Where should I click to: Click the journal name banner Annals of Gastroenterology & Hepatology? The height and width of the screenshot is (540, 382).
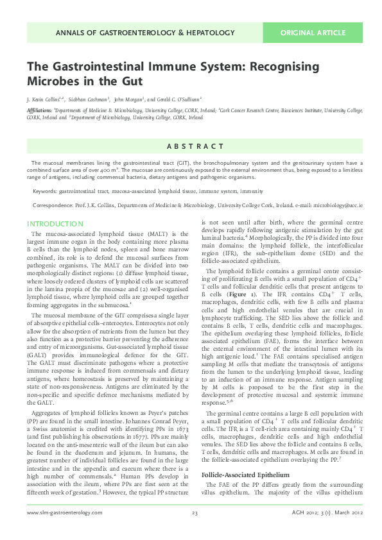(146, 32)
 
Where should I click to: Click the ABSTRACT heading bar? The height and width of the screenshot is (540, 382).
(191, 146)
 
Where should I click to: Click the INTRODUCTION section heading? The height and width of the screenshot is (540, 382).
(55, 224)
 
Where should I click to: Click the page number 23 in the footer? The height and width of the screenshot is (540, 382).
(194, 530)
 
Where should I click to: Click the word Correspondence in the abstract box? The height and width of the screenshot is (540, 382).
(55, 205)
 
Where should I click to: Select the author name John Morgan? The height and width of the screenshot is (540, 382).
(128, 99)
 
